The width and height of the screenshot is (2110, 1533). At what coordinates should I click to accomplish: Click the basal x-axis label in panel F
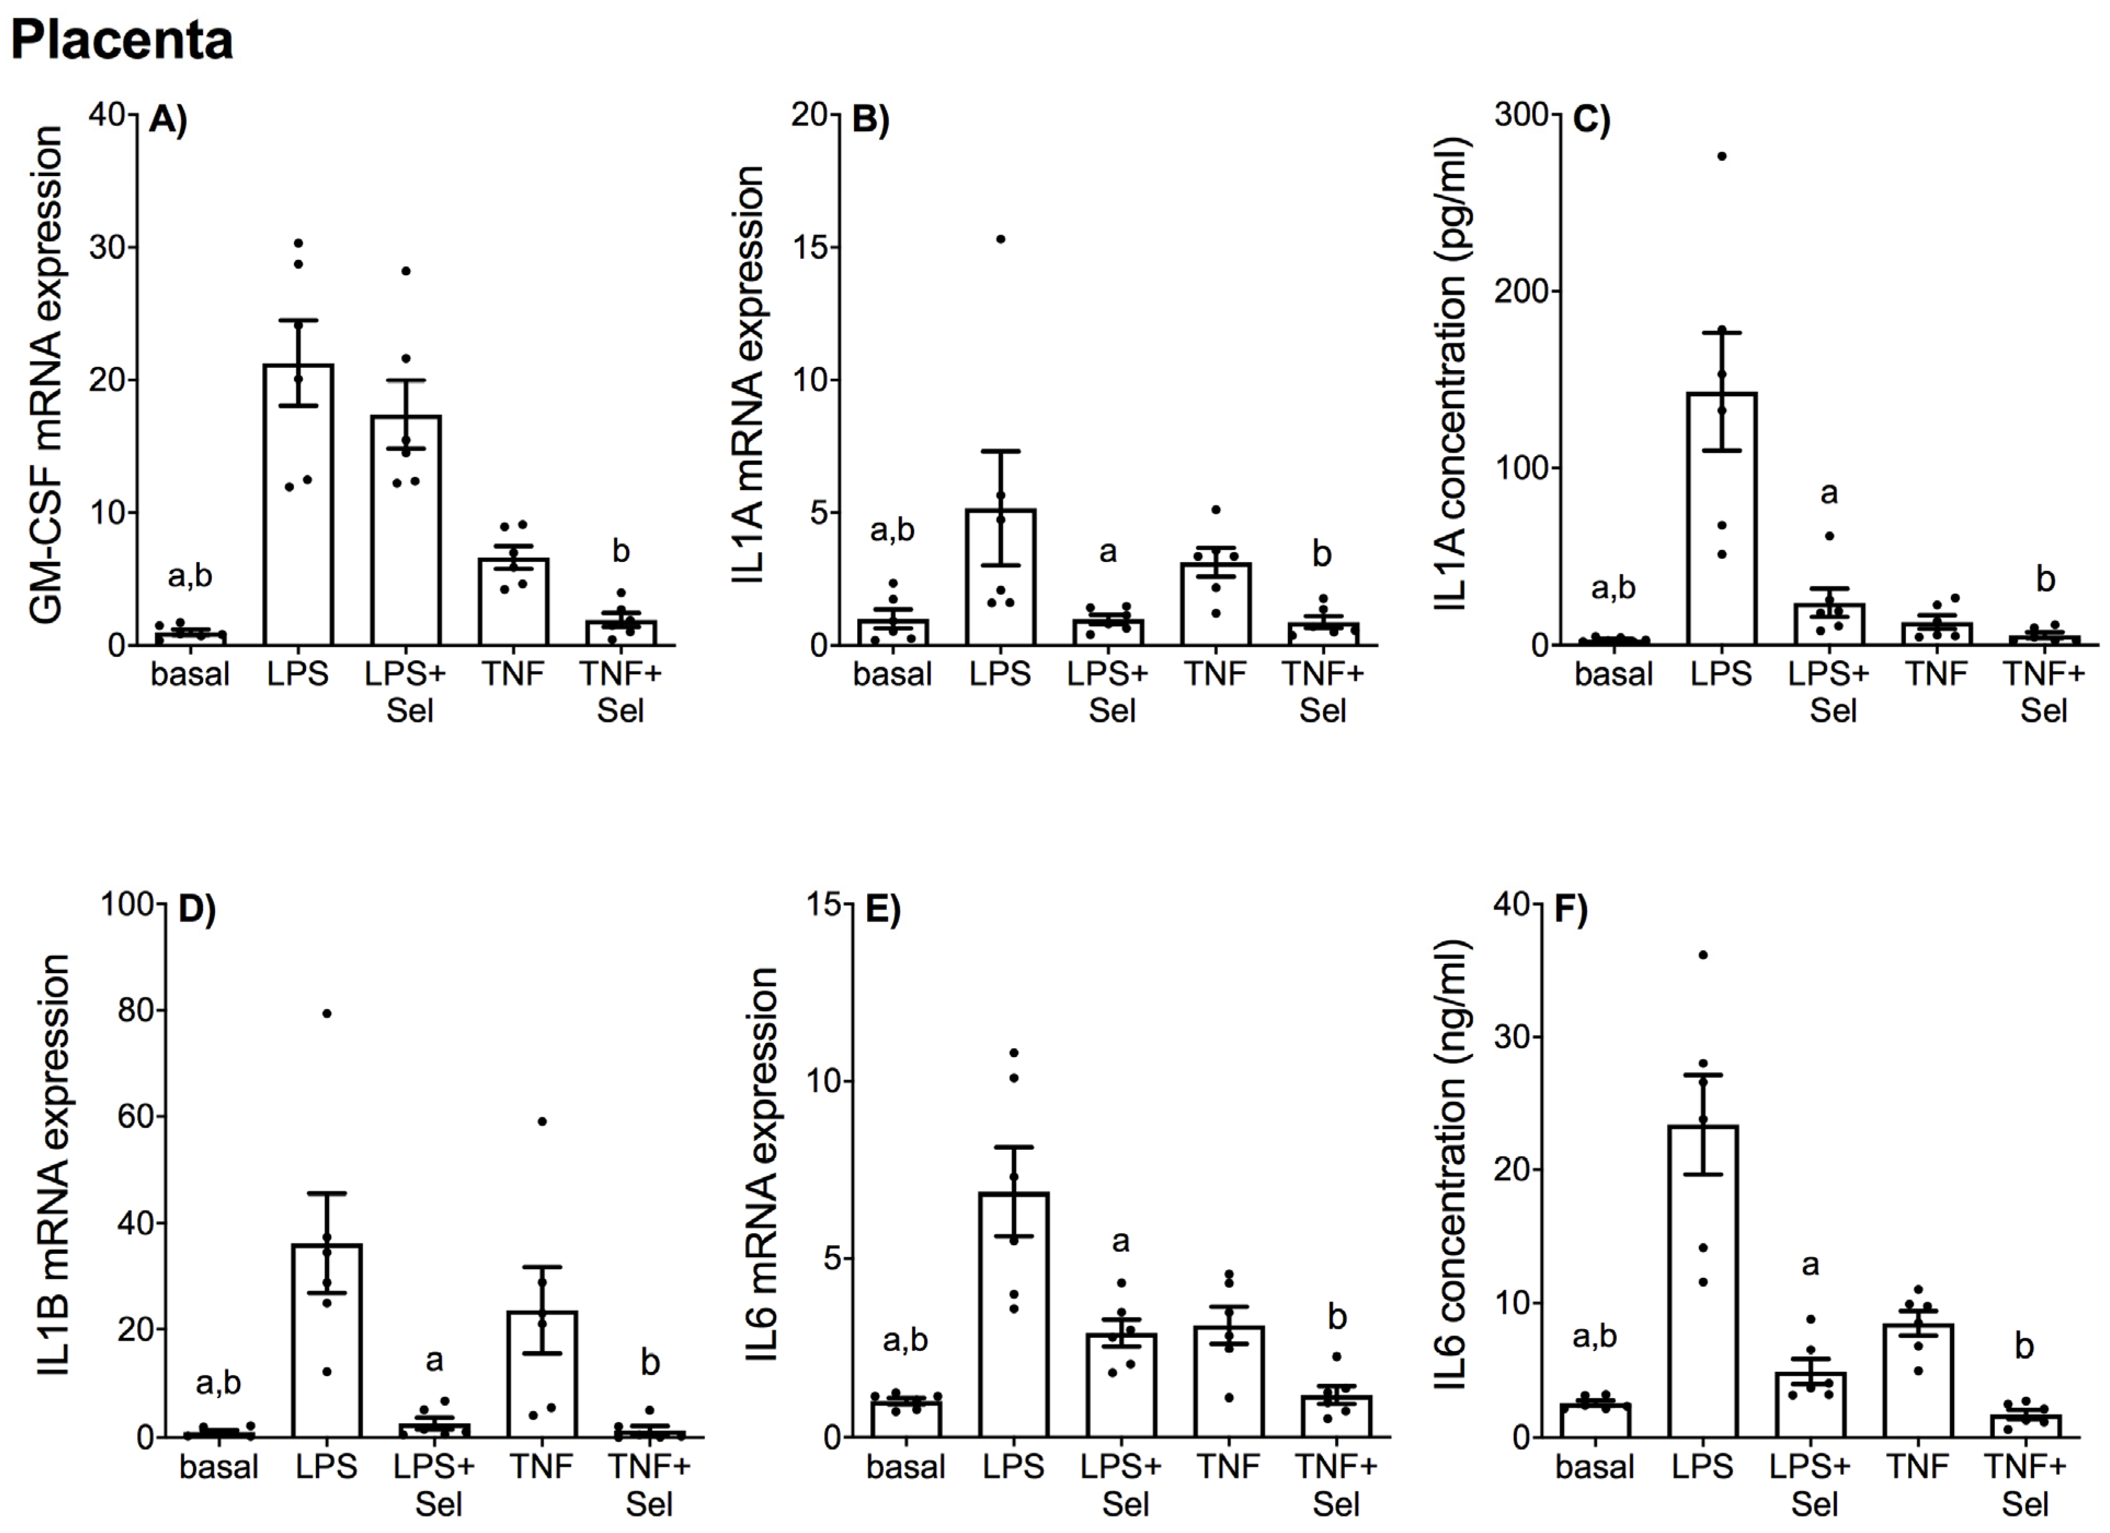coord(1594,1467)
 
